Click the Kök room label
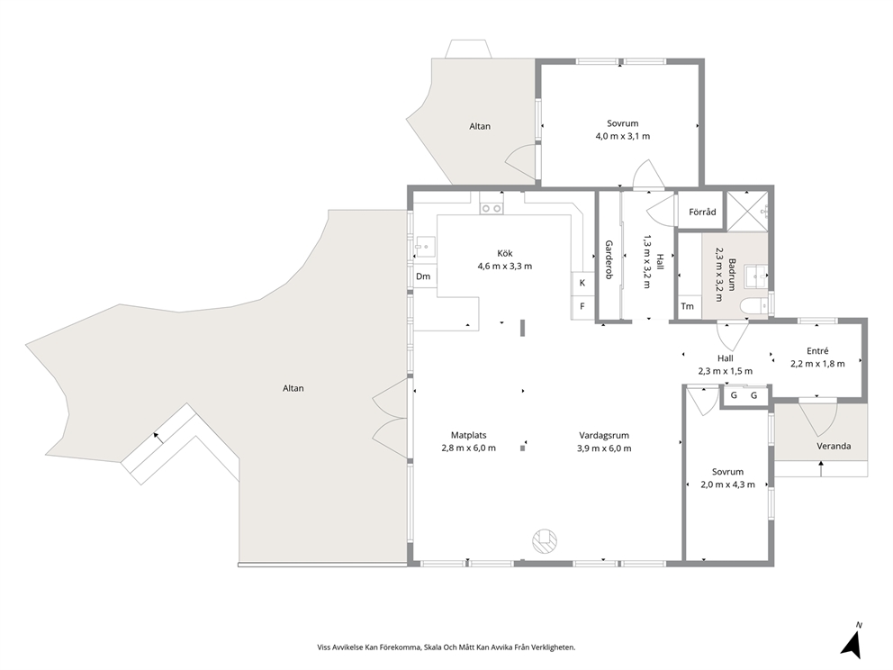coord(505,254)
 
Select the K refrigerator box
coord(582,283)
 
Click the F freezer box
coord(582,306)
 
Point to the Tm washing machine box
coord(688,306)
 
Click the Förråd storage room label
coord(702,212)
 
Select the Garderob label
coord(609,259)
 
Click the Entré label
coord(817,351)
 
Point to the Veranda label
coord(834,446)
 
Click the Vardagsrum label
coord(604,436)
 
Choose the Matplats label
coord(469,436)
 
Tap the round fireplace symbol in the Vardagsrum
coord(545,541)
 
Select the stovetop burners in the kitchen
coord(492,209)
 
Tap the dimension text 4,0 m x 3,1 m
coord(622,136)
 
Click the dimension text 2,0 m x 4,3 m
coord(727,484)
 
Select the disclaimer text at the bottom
coord(446,647)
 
